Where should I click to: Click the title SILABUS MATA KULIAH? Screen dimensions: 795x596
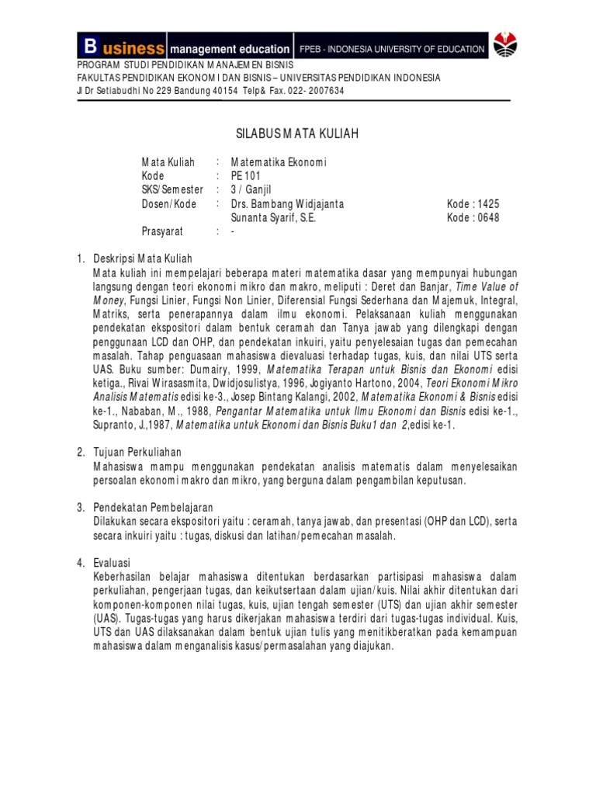coord(297,134)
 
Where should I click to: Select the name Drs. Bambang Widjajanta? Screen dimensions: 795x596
coord(286,204)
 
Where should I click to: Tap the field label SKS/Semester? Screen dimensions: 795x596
coord(172,190)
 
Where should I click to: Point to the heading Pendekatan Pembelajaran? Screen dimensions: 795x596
coord(154,506)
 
